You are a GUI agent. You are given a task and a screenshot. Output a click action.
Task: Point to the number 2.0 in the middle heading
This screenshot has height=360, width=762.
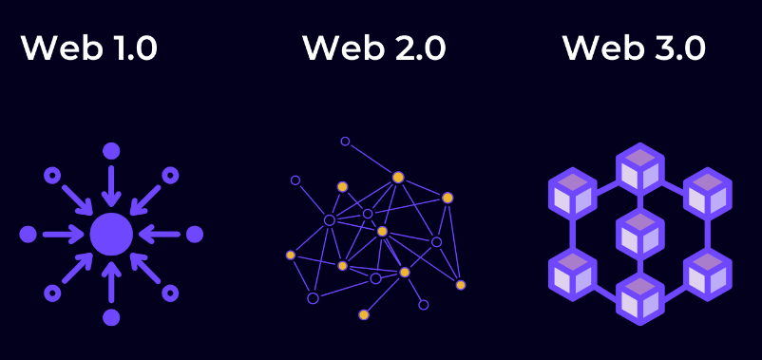click(x=415, y=48)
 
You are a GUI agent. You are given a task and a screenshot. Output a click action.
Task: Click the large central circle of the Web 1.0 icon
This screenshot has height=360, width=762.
click(x=111, y=234)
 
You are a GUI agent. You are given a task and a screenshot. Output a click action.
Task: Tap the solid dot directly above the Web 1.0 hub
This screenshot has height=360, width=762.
click(x=111, y=150)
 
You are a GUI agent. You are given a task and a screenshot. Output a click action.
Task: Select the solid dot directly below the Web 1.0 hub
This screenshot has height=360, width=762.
click(x=111, y=317)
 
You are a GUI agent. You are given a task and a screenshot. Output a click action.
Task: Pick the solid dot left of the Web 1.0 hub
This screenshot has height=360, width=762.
click(x=28, y=234)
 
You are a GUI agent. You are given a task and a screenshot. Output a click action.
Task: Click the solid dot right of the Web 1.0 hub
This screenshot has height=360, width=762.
click(x=195, y=234)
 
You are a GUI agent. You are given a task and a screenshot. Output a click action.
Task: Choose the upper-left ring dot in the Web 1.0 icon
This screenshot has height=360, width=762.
click(x=52, y=175)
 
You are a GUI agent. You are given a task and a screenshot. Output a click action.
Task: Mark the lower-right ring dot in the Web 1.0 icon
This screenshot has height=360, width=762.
click(x=170, y=293)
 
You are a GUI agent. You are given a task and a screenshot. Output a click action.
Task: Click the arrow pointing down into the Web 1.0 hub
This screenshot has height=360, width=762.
click(x=111, y=186)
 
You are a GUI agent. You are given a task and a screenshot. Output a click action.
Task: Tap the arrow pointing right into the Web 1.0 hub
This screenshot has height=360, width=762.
click(x=64, y=234)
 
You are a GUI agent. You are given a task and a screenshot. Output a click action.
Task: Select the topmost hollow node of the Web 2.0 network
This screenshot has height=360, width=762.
click(x=345, y=141)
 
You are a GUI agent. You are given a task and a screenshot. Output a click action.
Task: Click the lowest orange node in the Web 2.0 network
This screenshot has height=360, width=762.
click(x=363, y=314)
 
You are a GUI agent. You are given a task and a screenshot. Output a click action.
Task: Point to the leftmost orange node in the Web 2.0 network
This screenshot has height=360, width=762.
click(x=291, y=255)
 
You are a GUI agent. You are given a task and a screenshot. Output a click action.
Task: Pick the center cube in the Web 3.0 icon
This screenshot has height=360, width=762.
click(x=639, y=234)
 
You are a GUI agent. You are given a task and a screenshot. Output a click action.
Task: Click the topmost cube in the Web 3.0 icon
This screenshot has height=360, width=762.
click(x=639, y=168)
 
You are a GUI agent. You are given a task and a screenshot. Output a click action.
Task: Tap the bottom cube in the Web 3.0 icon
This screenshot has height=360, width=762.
click(x=639, y=299)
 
